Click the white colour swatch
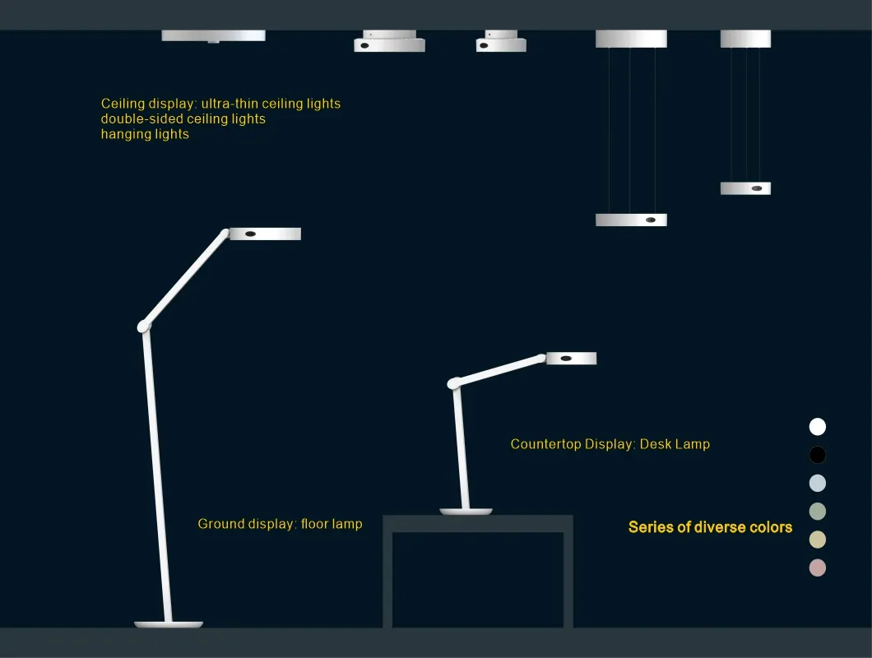tap(817, 427)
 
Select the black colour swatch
tap(817, 455)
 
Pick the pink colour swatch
tap(817, 568)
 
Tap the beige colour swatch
tap(817, 540)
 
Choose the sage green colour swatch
tap(817, 511)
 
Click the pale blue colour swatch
tap(817, 483)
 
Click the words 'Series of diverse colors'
tap(710, 527)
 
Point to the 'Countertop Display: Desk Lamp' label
tap(610, 444)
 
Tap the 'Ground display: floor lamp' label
tap(280, 524)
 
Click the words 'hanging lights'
tap(145, 134)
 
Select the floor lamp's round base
tap(169, 624)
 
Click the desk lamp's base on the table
tap(466, 511)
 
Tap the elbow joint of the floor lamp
tap(143, 327)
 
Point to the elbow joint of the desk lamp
tap(454, 383)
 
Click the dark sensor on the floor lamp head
tap(250, 234)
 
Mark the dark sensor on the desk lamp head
tap(566, 359)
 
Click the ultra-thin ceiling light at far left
tap(214, 36)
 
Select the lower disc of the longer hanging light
tap(631, 220)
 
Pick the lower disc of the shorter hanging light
tap(746, 188)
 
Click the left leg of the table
tap(387, 580)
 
